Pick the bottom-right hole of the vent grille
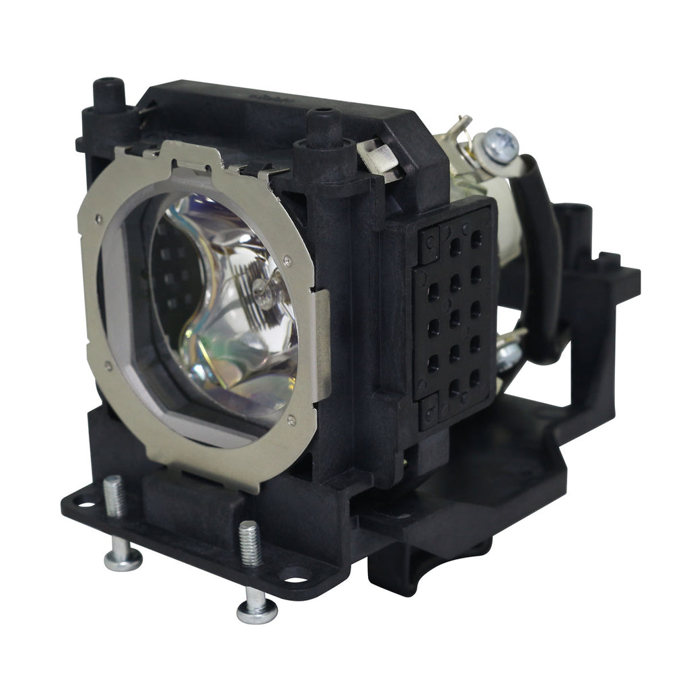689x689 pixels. point(476,374)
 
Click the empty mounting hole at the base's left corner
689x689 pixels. point(86,501)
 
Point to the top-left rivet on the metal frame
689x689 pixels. point(99,218)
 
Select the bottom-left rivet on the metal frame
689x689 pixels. point(108,367)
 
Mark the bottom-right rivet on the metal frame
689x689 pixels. point(291,420)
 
